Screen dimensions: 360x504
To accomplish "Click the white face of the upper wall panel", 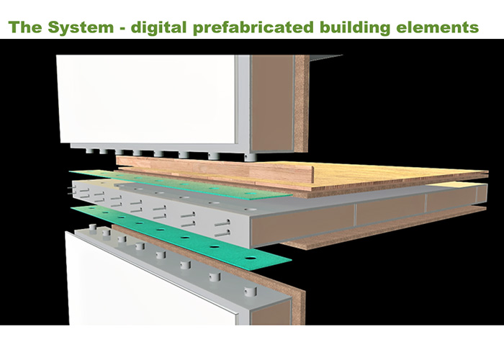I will pos(144,101).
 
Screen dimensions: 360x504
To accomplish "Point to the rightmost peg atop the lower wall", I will pos(250,291).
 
